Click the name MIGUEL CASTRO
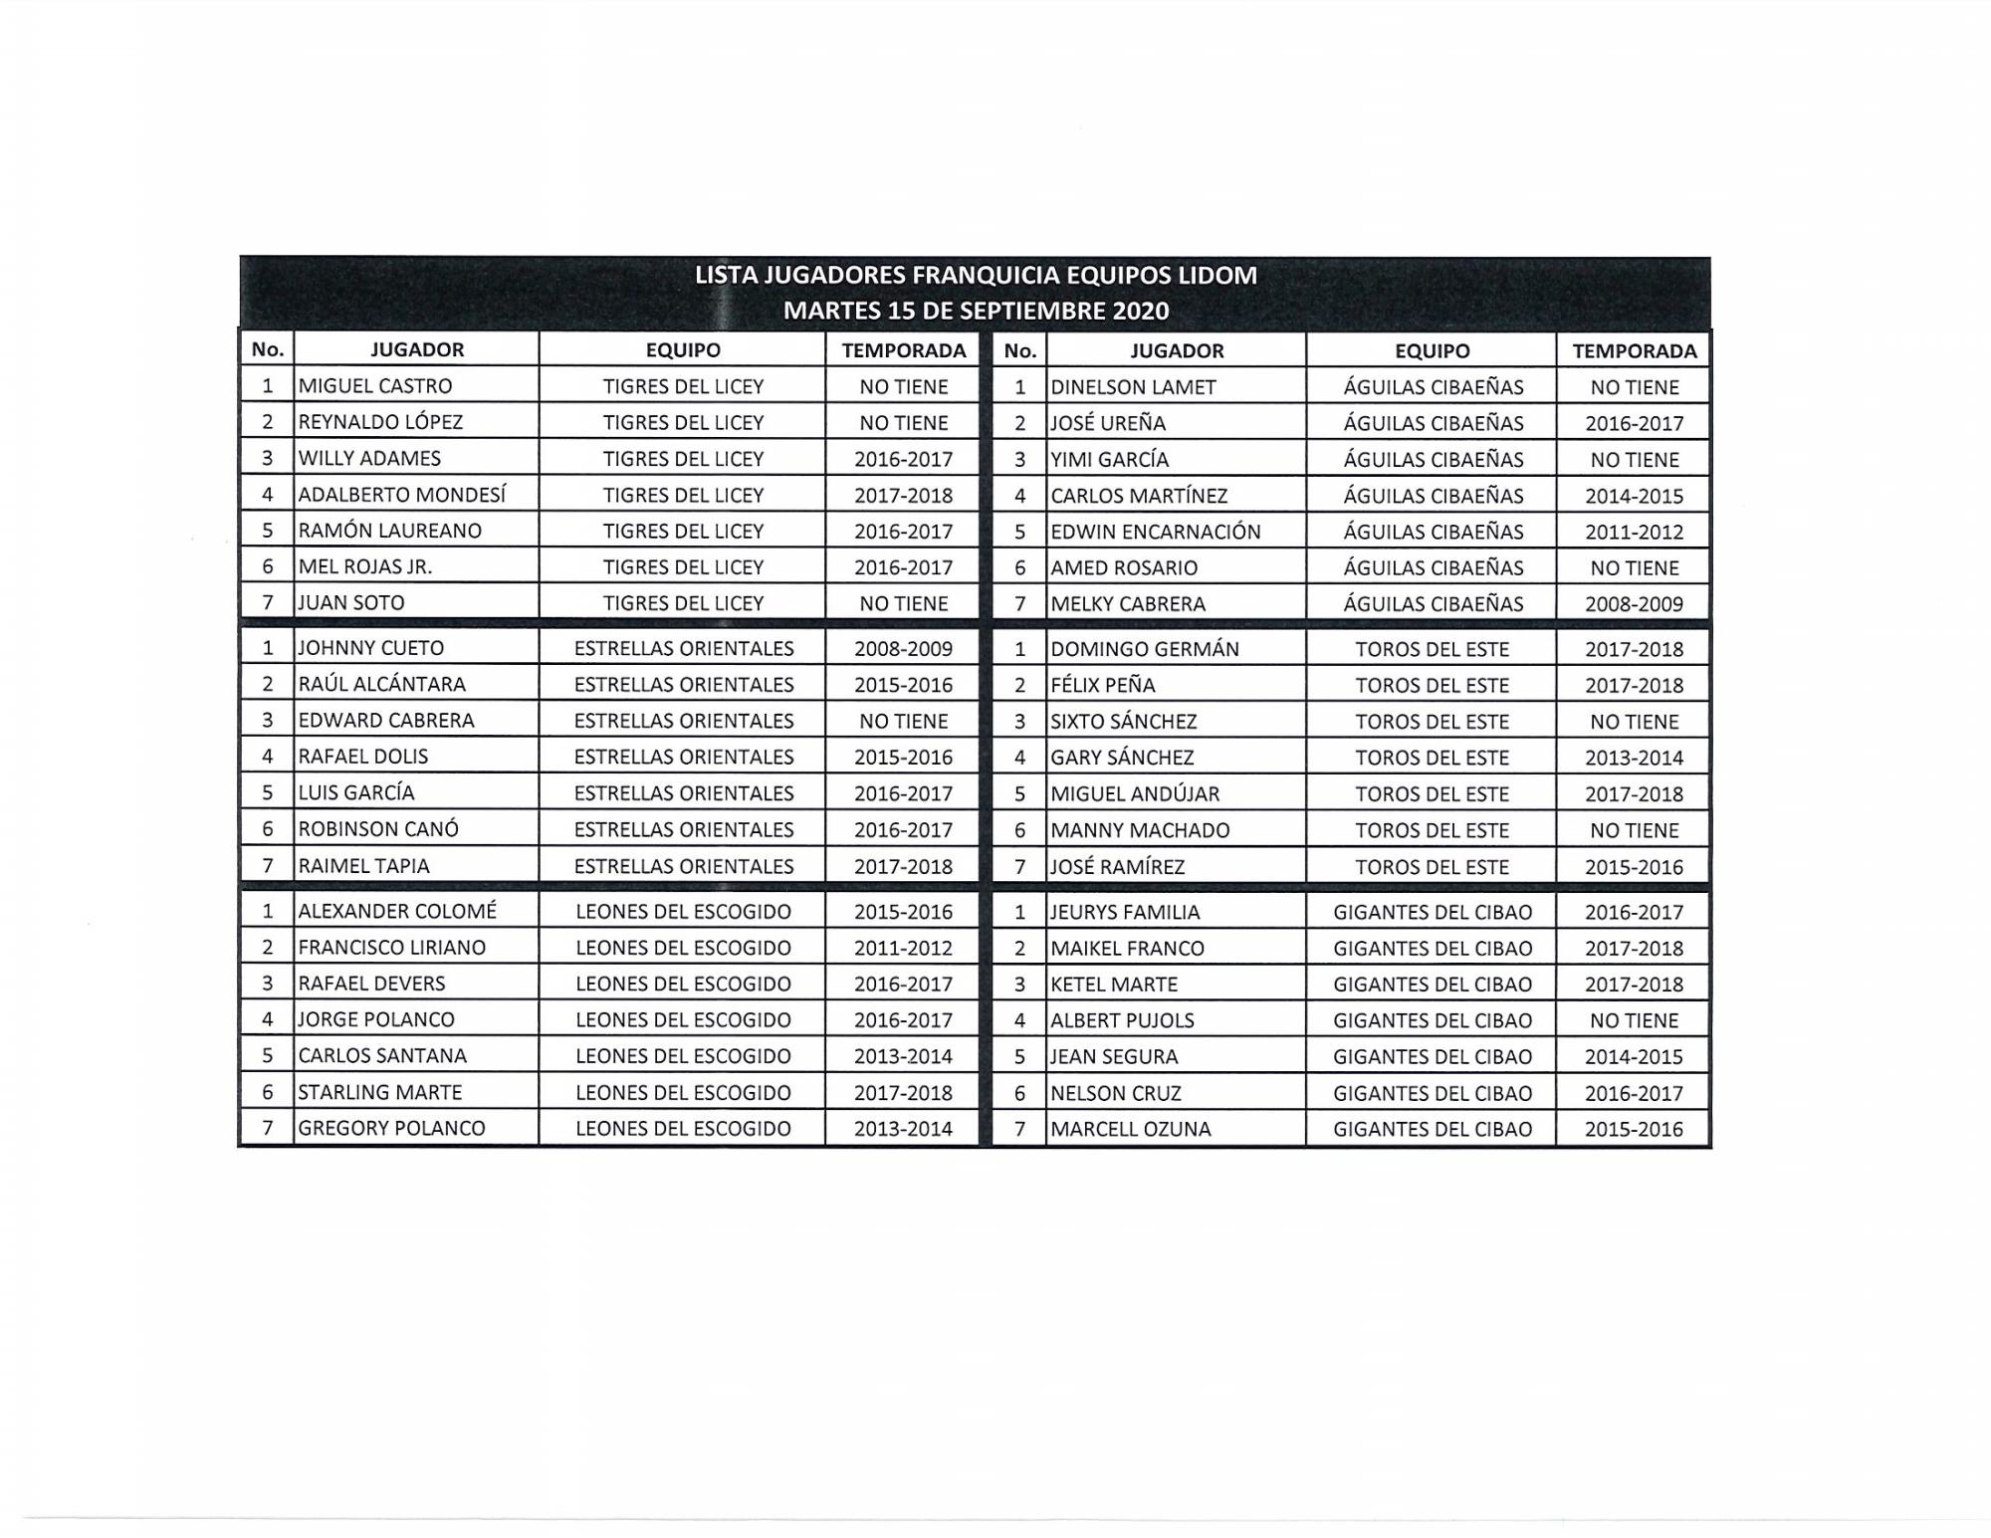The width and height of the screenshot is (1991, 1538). pyautogui.click(x=375, y=386)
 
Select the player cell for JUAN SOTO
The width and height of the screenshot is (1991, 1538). pyautogui.click(x=351, y=603)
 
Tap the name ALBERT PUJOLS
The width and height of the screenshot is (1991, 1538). pyautogui.click(x=1122, y=1020)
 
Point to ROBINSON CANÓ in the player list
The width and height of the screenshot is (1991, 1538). pyautogui.click(x=378, y=829)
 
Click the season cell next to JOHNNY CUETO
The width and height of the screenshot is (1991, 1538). pyautogui.click(x=903, y=649)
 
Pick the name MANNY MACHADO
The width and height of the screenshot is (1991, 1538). pyautogui.click(x=1140, y=830)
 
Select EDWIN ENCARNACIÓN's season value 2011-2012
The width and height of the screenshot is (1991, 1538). pyautogui.click(x=1634, y=532)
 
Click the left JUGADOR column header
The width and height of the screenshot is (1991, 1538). pyautogui.click(x=417, y=349)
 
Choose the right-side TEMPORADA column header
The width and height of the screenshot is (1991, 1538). pyautogui.click(x=1634, y=350)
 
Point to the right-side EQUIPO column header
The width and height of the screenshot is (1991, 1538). pyautogui.click(x=1432, y=350)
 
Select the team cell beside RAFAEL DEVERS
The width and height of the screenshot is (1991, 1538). pyautogui.click(x=683, y=984)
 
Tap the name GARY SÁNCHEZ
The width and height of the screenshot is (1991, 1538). pyautogui.click(x=1122, y=758)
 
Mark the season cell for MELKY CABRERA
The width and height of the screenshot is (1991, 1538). pyautogui.click(x=1634, y=604)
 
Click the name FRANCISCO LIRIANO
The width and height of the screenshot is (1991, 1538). pyautogui.click(x=392, y=948)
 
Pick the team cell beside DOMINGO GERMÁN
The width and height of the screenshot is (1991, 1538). pyautogui.click(x=1432, y=649)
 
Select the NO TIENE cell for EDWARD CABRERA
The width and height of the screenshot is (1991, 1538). pyautogui.click(x=903, y=721)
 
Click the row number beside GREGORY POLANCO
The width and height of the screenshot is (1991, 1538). pyautogui.click(x=267, y=1129)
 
